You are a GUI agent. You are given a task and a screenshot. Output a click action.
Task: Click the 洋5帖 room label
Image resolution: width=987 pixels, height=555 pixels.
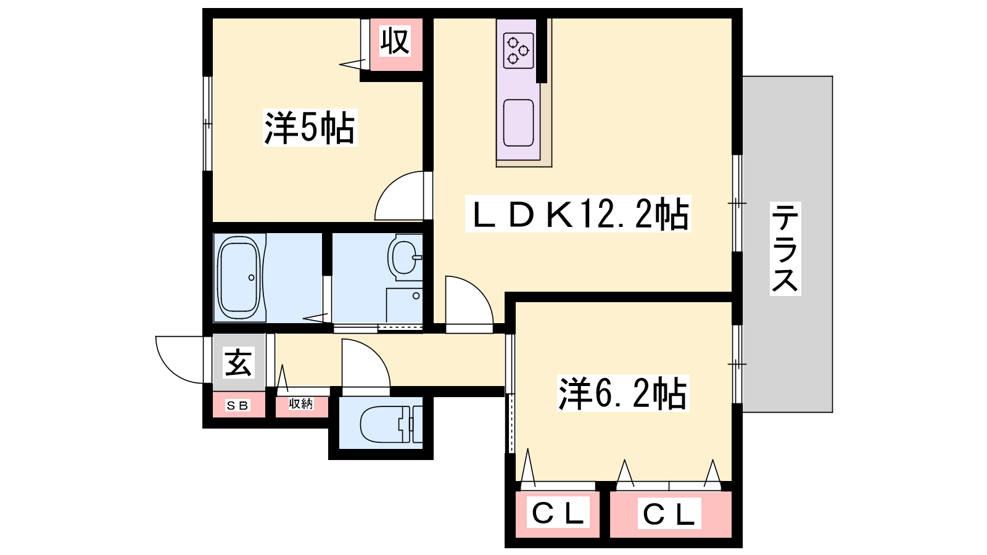310,128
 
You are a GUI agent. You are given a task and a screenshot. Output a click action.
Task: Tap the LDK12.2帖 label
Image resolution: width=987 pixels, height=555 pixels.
578,213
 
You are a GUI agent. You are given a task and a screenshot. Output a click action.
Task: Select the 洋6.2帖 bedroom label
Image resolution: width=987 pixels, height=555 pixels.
623,393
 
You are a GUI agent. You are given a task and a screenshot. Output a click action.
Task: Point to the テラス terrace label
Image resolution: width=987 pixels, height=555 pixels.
785,249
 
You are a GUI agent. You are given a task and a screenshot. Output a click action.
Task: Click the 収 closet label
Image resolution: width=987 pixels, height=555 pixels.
395,41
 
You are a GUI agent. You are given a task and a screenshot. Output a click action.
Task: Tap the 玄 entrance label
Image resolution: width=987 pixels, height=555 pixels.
238,363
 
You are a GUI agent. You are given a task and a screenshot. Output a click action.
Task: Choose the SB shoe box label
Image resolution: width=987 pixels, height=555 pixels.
237,405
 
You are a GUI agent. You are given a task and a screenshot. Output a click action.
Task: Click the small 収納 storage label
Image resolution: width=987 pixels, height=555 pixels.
301,403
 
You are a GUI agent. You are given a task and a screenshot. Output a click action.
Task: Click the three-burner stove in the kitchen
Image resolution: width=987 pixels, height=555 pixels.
518,51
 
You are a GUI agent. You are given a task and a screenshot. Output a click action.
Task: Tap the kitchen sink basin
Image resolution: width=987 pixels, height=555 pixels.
519,123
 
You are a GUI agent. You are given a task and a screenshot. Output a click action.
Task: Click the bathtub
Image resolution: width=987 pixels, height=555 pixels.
239,277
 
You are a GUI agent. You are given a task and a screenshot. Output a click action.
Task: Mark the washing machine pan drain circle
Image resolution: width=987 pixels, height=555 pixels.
416,296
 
